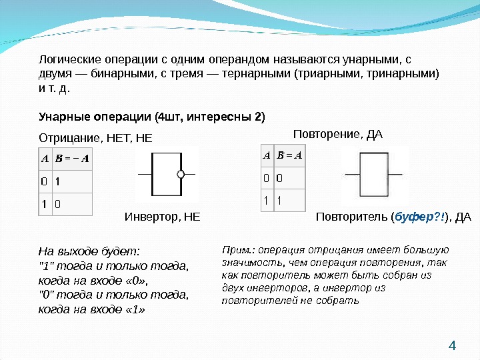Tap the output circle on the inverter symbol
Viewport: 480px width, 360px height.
point(180,175)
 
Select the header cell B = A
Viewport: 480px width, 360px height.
point(290,156)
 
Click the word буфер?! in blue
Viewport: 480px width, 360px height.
point(419,217)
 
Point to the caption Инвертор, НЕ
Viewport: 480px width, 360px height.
point(162,217)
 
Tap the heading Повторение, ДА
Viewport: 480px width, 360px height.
point(339,135)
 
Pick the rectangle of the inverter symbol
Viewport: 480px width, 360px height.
point(165,175)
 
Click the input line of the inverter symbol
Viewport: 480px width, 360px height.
point(145,175)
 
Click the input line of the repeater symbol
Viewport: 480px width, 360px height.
point(352,175)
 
